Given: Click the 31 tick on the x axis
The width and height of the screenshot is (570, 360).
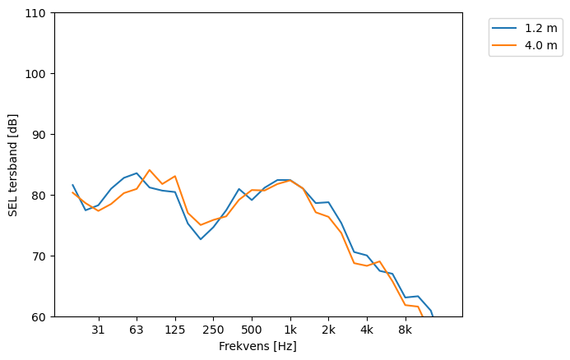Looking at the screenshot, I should click(98, 330).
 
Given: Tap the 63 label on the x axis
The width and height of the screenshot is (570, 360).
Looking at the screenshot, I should click(137, 330).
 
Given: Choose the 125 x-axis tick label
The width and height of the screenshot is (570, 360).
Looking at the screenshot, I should click(174, 330).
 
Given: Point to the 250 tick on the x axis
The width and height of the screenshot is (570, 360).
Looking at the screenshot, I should click(213, 330).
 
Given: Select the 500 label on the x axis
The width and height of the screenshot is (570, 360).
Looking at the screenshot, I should click(252, 330).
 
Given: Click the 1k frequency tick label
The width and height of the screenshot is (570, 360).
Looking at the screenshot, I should click(290, 330).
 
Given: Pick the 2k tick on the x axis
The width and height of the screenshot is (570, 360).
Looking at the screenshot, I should click(328, 330).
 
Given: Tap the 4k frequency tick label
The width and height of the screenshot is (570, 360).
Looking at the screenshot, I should click(367, 330).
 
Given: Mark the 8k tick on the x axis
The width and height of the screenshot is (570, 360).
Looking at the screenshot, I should click(405, 330).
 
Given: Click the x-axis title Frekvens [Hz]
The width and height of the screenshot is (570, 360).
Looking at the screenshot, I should click(257, 347).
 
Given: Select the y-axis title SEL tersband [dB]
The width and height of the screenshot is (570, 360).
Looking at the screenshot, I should click(13, 164).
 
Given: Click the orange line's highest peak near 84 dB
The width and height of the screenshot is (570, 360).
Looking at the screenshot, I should click(149, 170).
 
